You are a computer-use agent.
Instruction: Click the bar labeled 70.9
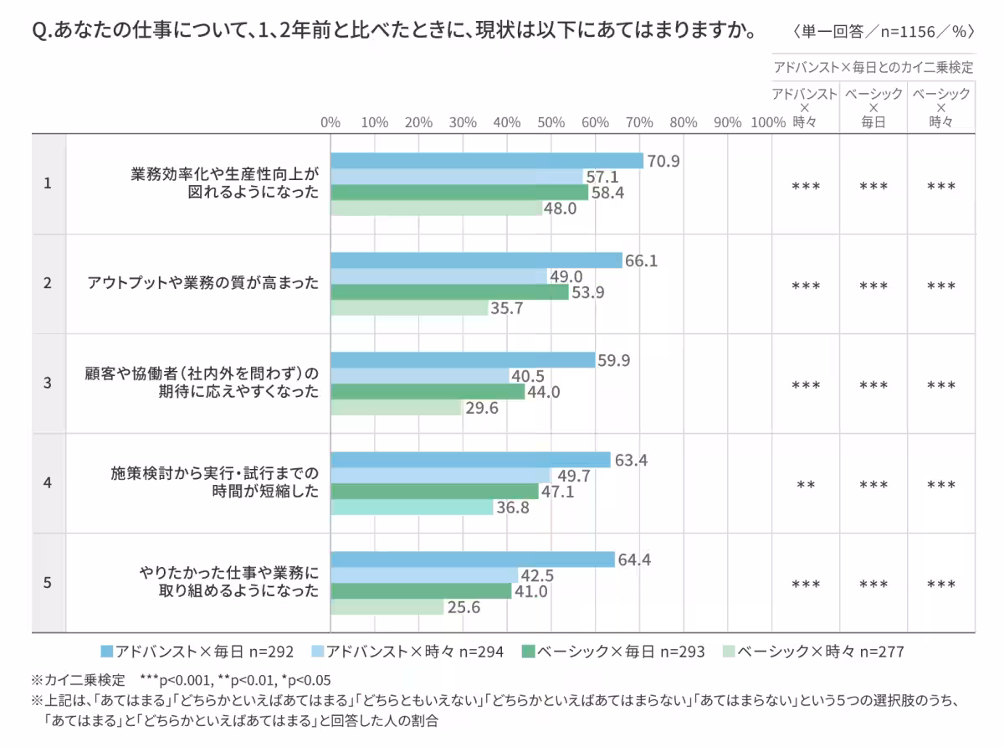486,161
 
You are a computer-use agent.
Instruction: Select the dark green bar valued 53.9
449,292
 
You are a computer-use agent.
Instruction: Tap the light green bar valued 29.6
396,408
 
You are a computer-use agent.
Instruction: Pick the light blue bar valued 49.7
441,476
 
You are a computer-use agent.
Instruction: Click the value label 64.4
634,559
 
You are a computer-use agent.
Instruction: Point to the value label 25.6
464,607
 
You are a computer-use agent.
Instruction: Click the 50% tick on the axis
551,122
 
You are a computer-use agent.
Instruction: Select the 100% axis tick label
768,122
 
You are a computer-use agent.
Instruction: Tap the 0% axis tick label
330,122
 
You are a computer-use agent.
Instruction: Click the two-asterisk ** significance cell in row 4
805,485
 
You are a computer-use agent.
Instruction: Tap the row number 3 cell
48,383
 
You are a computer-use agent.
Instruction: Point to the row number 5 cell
48,582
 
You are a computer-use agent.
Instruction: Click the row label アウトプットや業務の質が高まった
203,283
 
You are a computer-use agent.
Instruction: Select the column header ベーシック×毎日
873,107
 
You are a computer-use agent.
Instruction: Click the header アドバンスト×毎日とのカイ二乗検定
873,67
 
